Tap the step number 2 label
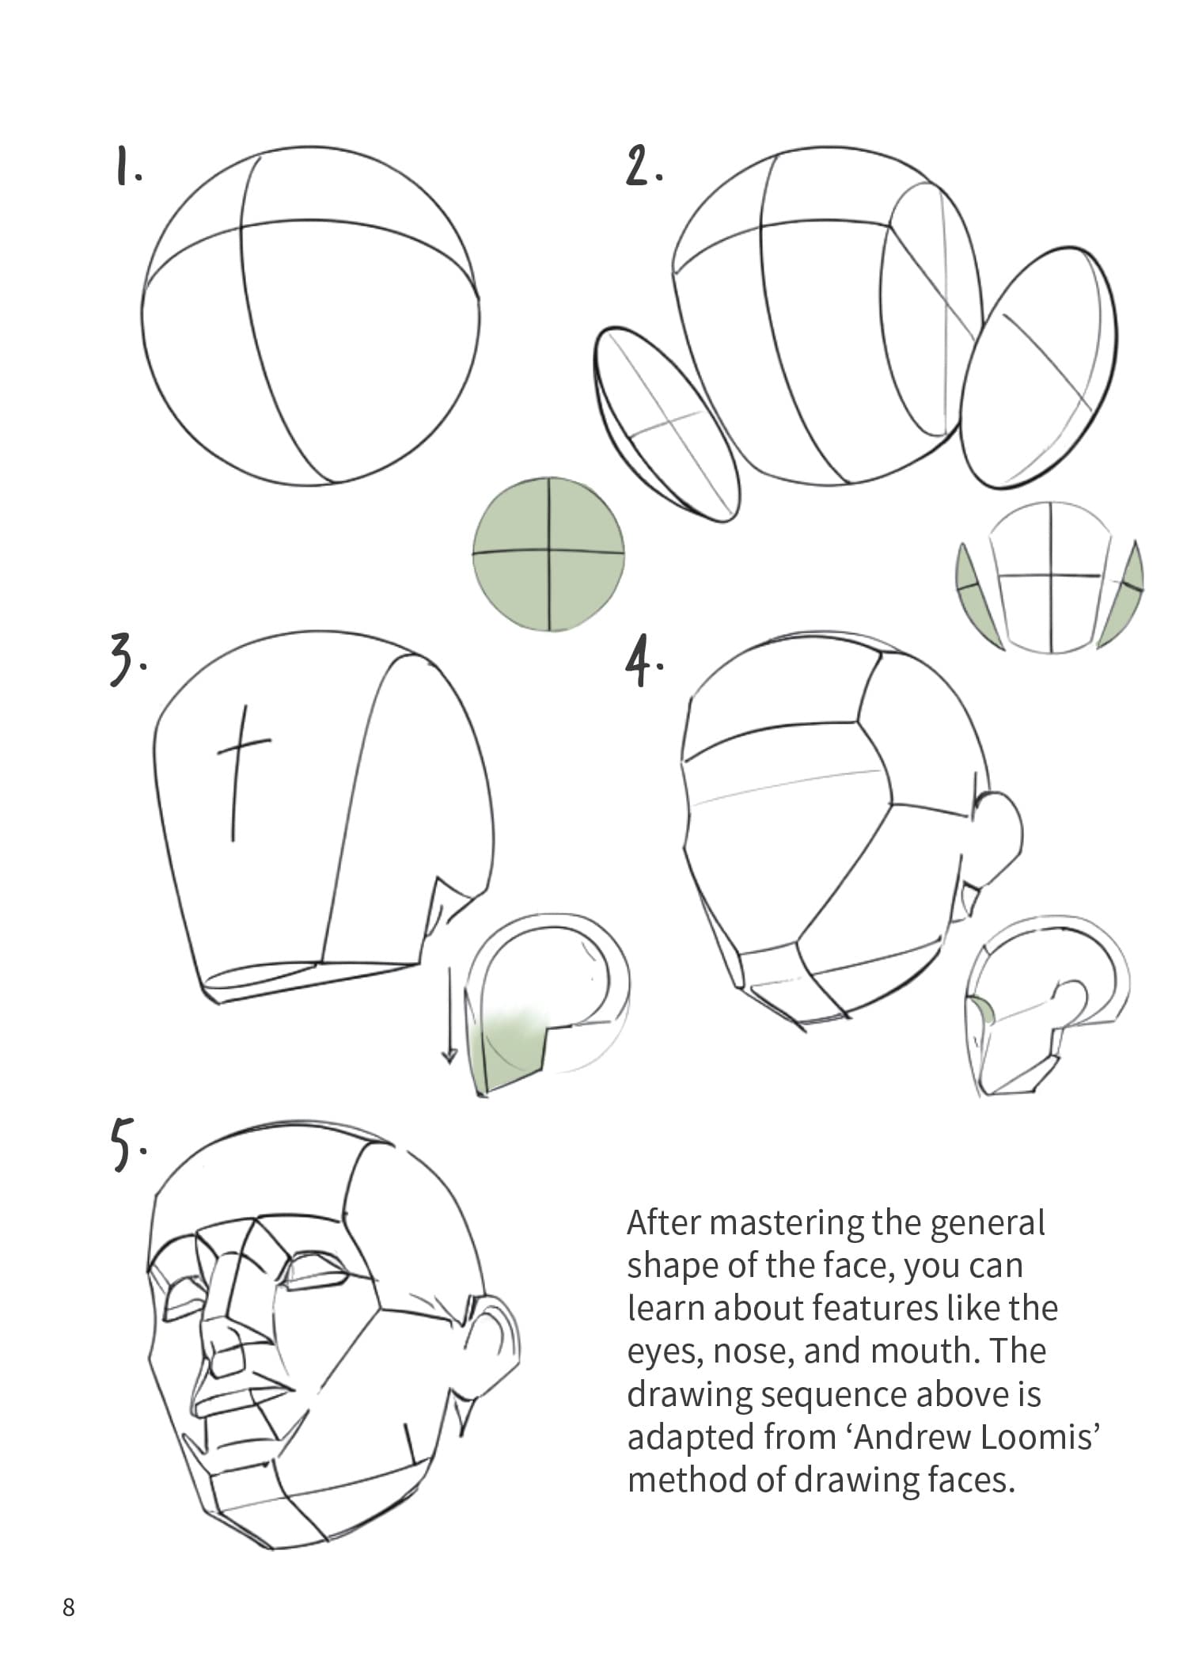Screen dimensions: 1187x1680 [643, 166]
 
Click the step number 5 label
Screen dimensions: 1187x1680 [126, 1143]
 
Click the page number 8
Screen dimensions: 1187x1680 [69, 1607]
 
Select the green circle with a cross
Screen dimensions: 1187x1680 [548, 553]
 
